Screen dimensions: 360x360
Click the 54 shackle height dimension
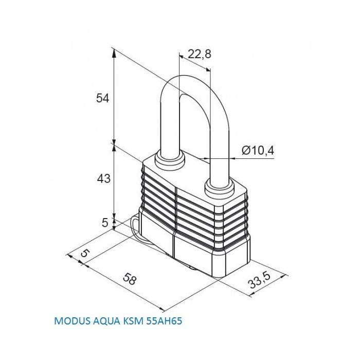pos(102,99)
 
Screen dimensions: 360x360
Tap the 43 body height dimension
pos(104,178)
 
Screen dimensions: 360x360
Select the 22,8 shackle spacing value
pos(200,54)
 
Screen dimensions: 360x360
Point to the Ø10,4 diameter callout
pos(258,151)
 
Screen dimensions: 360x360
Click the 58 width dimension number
pos(130,279)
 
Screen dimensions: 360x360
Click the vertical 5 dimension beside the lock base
pos(105,223)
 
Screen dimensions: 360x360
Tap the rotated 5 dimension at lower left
pos(84,253)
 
